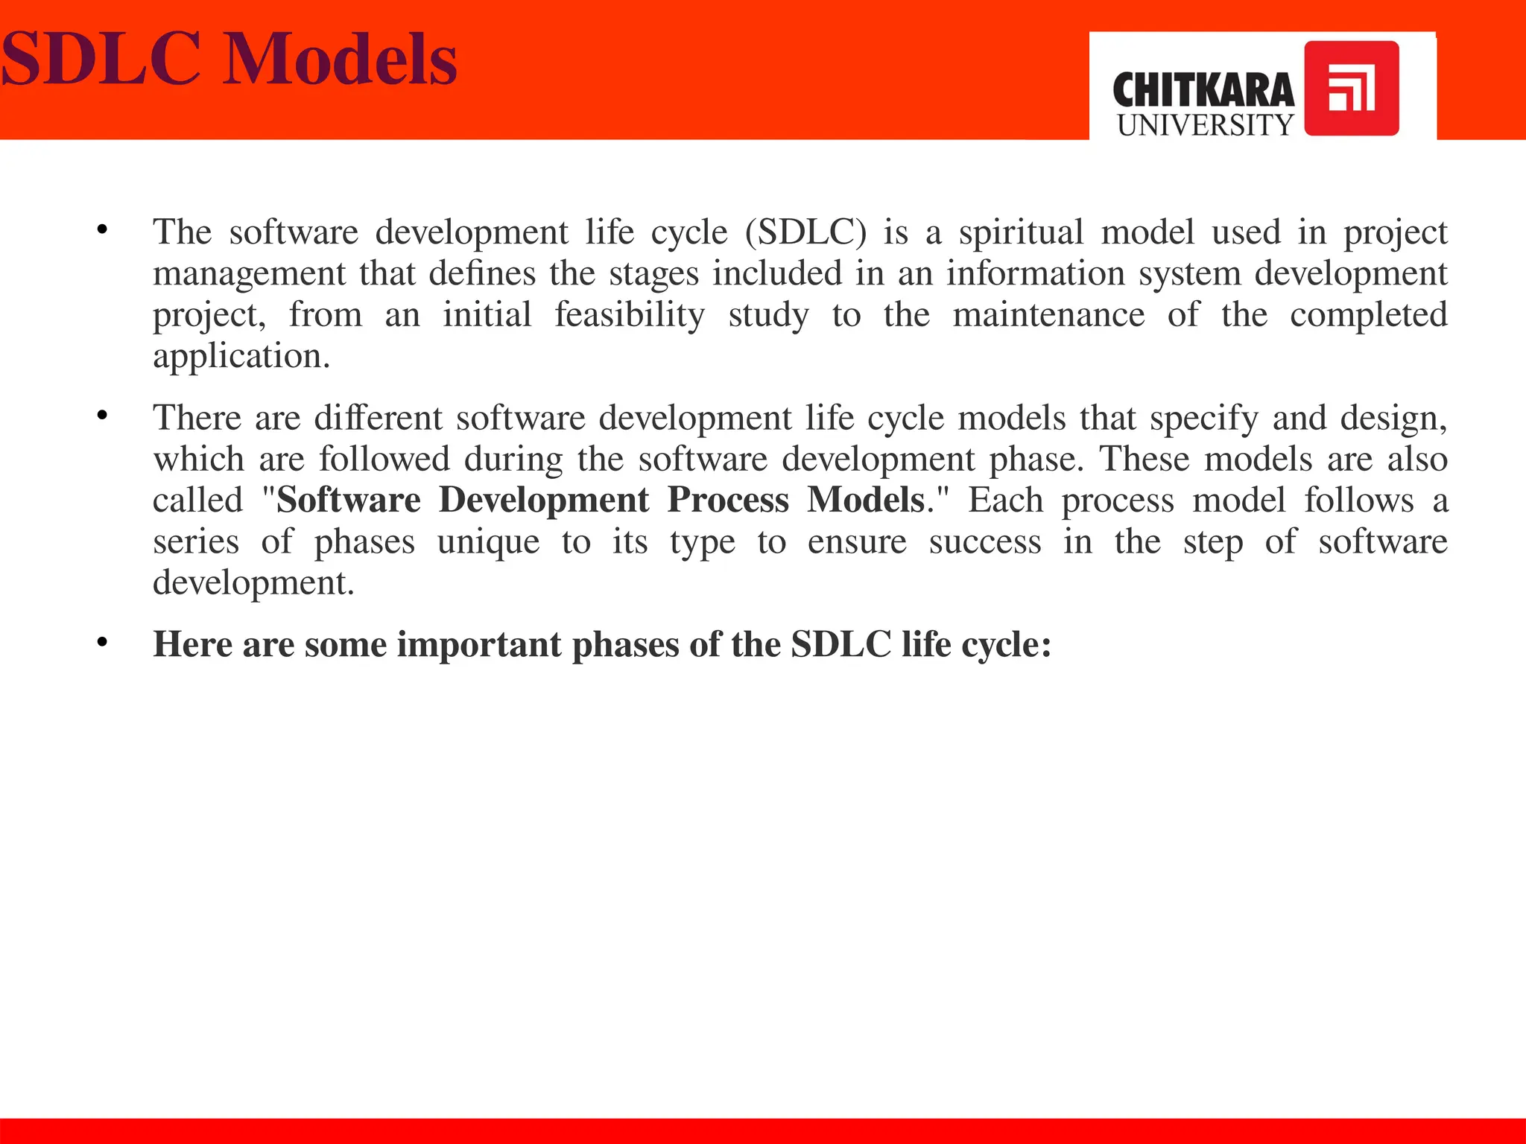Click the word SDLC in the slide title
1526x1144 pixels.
pyautogui.click(x=101, y=60)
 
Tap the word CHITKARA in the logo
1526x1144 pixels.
pyautogui.click(x=1203, y=91)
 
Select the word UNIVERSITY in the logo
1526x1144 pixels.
pyautogui.click(x=1205, y=125)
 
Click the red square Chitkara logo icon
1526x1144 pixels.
pyautogui.click(x=1351, y=89)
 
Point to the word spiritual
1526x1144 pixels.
pyautogui.click(x=1021, y=232)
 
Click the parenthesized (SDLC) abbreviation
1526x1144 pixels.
pyautogui.click(x=805, y=232)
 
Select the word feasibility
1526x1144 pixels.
pyautogui.click(x=630, y=315)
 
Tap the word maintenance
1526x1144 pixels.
pyautogui.click(x=1048, y=315)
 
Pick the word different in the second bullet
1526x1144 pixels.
pyautogui.click(x=378, y=418)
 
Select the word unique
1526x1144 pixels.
pyautogui.click(x=488, y=541)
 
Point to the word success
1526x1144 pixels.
pyautogui.click(x=985, y=541)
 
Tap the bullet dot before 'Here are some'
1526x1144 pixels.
pyautogui.click(x=102, y=642)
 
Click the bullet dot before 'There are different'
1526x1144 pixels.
pyautogui.click(x=102, y=416)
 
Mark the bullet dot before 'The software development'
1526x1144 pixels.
pyautogui.click(x=102, y=230)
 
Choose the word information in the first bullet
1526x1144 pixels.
pyautogui.click(x=1035, y=273)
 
